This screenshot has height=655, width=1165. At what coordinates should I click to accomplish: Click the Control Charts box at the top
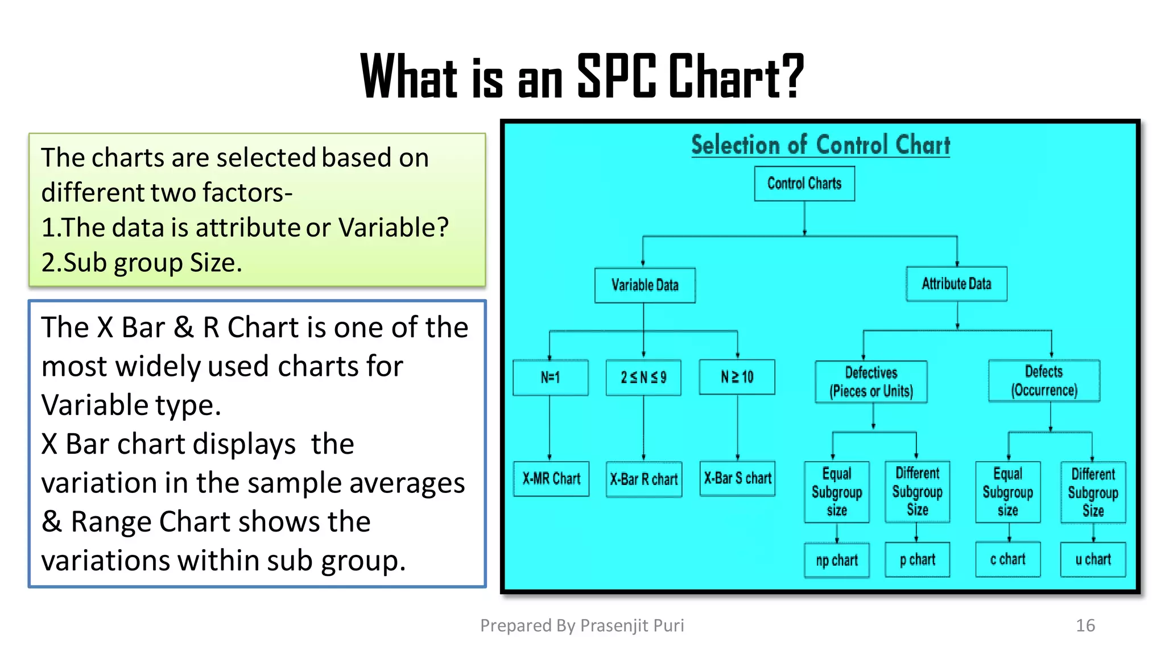click(x=804, y=183)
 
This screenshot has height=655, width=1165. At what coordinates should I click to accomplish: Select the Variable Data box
click(x=645, y=285)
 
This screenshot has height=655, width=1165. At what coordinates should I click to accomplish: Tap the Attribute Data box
click(x=956, y=284)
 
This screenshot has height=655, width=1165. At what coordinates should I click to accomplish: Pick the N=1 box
click(x=550, y=377)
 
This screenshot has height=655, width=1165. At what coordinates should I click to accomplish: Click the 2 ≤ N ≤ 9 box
click(x=643, y=377)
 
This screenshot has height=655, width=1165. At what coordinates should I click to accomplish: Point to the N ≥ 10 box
click(x=737, y=377)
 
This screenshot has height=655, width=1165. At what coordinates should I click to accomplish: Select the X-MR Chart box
click(x=551, y=479)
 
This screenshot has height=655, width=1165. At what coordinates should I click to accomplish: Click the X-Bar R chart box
click(x=644, y=479)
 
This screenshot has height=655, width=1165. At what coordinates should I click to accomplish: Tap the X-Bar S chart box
click(x=737, y=478)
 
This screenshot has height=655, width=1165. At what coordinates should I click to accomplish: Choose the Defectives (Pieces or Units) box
click(x=871, y=382)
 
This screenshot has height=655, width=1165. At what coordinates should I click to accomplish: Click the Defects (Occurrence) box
click(x=1044, y=380)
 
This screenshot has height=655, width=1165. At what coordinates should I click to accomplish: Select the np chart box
click(x=837, y=560)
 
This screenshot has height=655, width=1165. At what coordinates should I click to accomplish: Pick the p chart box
click(x=917, y=559)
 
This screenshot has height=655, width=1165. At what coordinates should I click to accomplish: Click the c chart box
click(x=1007, y=559)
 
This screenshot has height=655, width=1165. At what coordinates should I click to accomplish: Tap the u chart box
click(x=1093, y=559)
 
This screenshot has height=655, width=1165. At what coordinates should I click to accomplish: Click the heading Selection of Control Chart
click(x=820, y=145)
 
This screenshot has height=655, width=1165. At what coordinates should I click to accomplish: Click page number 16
click(x=1085, y=625)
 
